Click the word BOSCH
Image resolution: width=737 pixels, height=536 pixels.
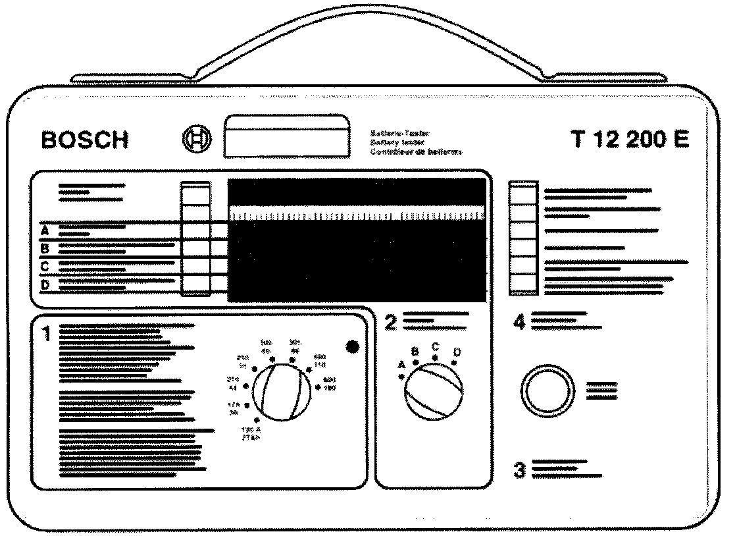(x=85, y=140)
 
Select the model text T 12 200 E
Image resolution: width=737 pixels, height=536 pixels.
(x=630, y=140)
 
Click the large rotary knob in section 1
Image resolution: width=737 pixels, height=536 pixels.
(x=280, y=394)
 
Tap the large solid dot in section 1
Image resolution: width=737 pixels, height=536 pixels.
(x=352, y=346)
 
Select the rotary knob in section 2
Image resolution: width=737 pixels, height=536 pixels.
(x=432, y=393)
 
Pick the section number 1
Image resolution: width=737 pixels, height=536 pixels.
(x=46, y=335)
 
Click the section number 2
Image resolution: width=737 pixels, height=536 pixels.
(x=391, y=323)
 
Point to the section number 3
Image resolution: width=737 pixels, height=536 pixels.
(x=520, y=471)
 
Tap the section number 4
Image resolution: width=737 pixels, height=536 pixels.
(x=520, y=323)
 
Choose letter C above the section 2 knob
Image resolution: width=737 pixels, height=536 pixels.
(x=435, y=346)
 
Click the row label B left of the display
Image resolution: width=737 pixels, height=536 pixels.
(x=45, y=249)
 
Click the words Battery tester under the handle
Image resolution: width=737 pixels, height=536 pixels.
(x=399, y=142)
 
